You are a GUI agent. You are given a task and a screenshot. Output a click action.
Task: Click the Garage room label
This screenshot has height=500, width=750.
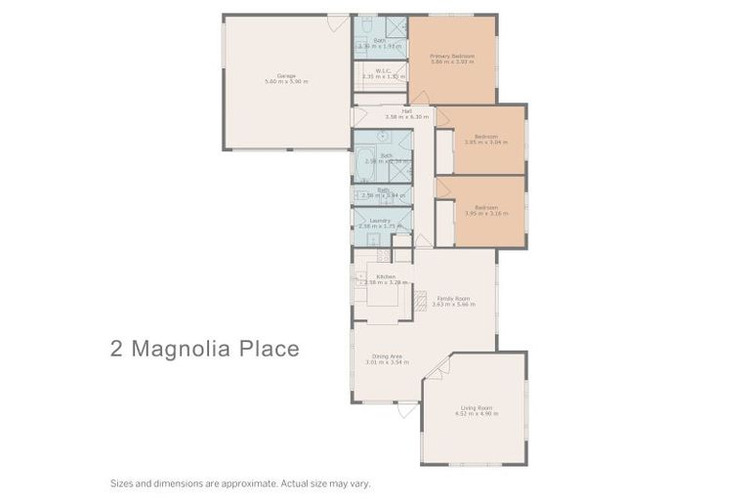pos(285,75)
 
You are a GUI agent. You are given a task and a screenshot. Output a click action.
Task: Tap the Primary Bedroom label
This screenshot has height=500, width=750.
pos(452,57)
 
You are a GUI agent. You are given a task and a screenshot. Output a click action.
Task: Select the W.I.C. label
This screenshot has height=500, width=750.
pos(384,70)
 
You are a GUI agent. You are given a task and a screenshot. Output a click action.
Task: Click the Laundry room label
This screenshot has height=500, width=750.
pos(381,221)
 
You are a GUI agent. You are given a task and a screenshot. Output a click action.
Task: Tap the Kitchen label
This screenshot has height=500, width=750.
pos(386,277)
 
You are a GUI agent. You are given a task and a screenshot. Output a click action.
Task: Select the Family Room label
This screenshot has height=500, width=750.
pos(453,298)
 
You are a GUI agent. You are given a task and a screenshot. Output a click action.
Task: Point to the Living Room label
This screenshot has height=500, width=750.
pos(477,407)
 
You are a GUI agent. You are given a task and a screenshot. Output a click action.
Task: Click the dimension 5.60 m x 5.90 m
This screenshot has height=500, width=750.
pos(285,82)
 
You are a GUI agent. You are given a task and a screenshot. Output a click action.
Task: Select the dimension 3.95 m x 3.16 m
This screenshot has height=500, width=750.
pos(485,213)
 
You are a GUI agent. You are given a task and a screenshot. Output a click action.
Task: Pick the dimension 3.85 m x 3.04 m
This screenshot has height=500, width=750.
pos(485,143)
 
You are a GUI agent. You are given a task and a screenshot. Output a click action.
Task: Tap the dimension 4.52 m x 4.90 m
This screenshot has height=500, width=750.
pos(477,414)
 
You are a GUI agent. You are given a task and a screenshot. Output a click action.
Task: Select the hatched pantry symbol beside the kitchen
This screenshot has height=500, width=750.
pos(421,302)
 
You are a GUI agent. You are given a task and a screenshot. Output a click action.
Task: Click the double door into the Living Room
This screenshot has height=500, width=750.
pos(438,367)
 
